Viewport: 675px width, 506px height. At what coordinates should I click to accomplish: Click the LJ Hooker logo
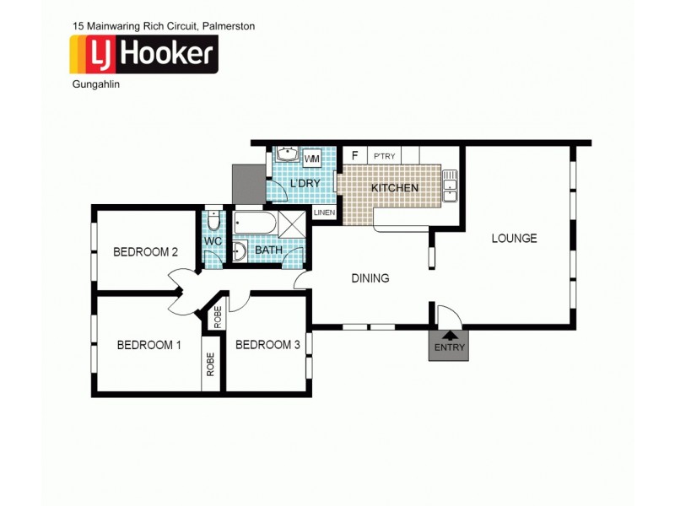(143, 55)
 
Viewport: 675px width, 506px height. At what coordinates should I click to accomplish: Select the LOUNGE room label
(514, 239)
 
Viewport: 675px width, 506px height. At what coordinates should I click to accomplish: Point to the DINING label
(370, 278)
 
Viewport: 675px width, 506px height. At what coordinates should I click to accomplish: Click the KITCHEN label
(394, 188)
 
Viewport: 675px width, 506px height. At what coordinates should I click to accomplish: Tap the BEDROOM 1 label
(148, 344)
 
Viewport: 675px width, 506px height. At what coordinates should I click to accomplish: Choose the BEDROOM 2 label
(145, 251)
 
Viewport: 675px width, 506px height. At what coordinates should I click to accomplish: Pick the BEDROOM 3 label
(267, 344)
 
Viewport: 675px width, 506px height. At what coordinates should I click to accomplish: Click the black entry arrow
(447, 337)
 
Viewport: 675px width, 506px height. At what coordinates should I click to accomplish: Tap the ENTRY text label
(448, 348)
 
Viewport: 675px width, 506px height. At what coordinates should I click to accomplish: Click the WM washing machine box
(311, 158)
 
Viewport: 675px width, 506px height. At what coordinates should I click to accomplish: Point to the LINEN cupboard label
(324, 213)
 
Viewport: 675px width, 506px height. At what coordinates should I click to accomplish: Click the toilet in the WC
(213, 221)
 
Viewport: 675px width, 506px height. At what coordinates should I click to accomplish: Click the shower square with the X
(292, 224)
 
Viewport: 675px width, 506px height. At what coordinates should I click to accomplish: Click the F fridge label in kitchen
(354, 156)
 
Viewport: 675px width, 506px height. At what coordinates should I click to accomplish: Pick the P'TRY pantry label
(384, 157)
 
